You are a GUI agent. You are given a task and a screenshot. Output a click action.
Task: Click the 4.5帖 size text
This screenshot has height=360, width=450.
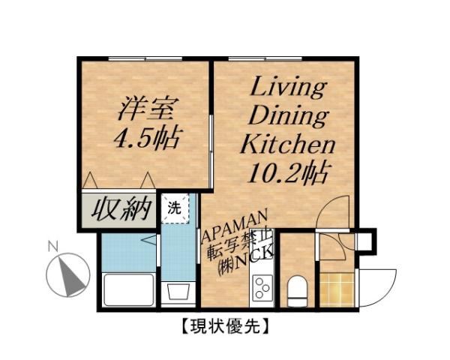[148, 139]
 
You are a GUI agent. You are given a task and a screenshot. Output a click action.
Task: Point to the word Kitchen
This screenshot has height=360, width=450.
[286, 144]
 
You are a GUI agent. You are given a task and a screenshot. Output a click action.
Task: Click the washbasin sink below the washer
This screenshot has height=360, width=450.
[178, 291]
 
